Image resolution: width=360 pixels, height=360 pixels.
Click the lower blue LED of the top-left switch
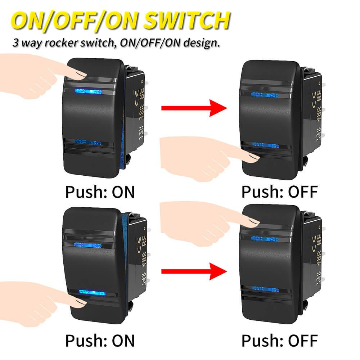(87, 143)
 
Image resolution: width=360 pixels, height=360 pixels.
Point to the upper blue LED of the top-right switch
(265, 95)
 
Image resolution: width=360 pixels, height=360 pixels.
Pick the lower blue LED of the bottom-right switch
(266, 289)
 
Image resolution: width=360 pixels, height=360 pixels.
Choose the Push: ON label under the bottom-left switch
(100, 340)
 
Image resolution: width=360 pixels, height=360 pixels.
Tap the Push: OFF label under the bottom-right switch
(280, 340)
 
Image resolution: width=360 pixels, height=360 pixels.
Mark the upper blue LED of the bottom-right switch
(265, 238)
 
